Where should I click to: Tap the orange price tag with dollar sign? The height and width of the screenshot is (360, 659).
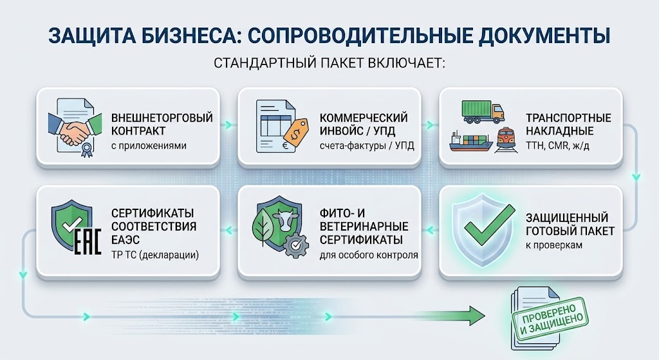pos(296,131)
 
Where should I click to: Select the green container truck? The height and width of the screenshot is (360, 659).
pos(483,111)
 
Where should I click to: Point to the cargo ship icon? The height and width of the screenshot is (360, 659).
pos(470,141)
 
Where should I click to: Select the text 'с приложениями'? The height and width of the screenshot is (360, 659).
pos(149,146)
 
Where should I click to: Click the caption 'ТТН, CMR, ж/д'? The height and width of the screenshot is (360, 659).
pos(557,146)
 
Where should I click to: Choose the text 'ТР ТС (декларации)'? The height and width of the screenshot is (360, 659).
pos(155,255)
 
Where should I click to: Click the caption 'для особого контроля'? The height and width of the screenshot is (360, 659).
pos(369,255)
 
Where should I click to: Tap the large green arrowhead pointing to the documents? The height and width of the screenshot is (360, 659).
pos(477,315)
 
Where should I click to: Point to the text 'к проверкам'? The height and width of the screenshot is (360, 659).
pos(554,245)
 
